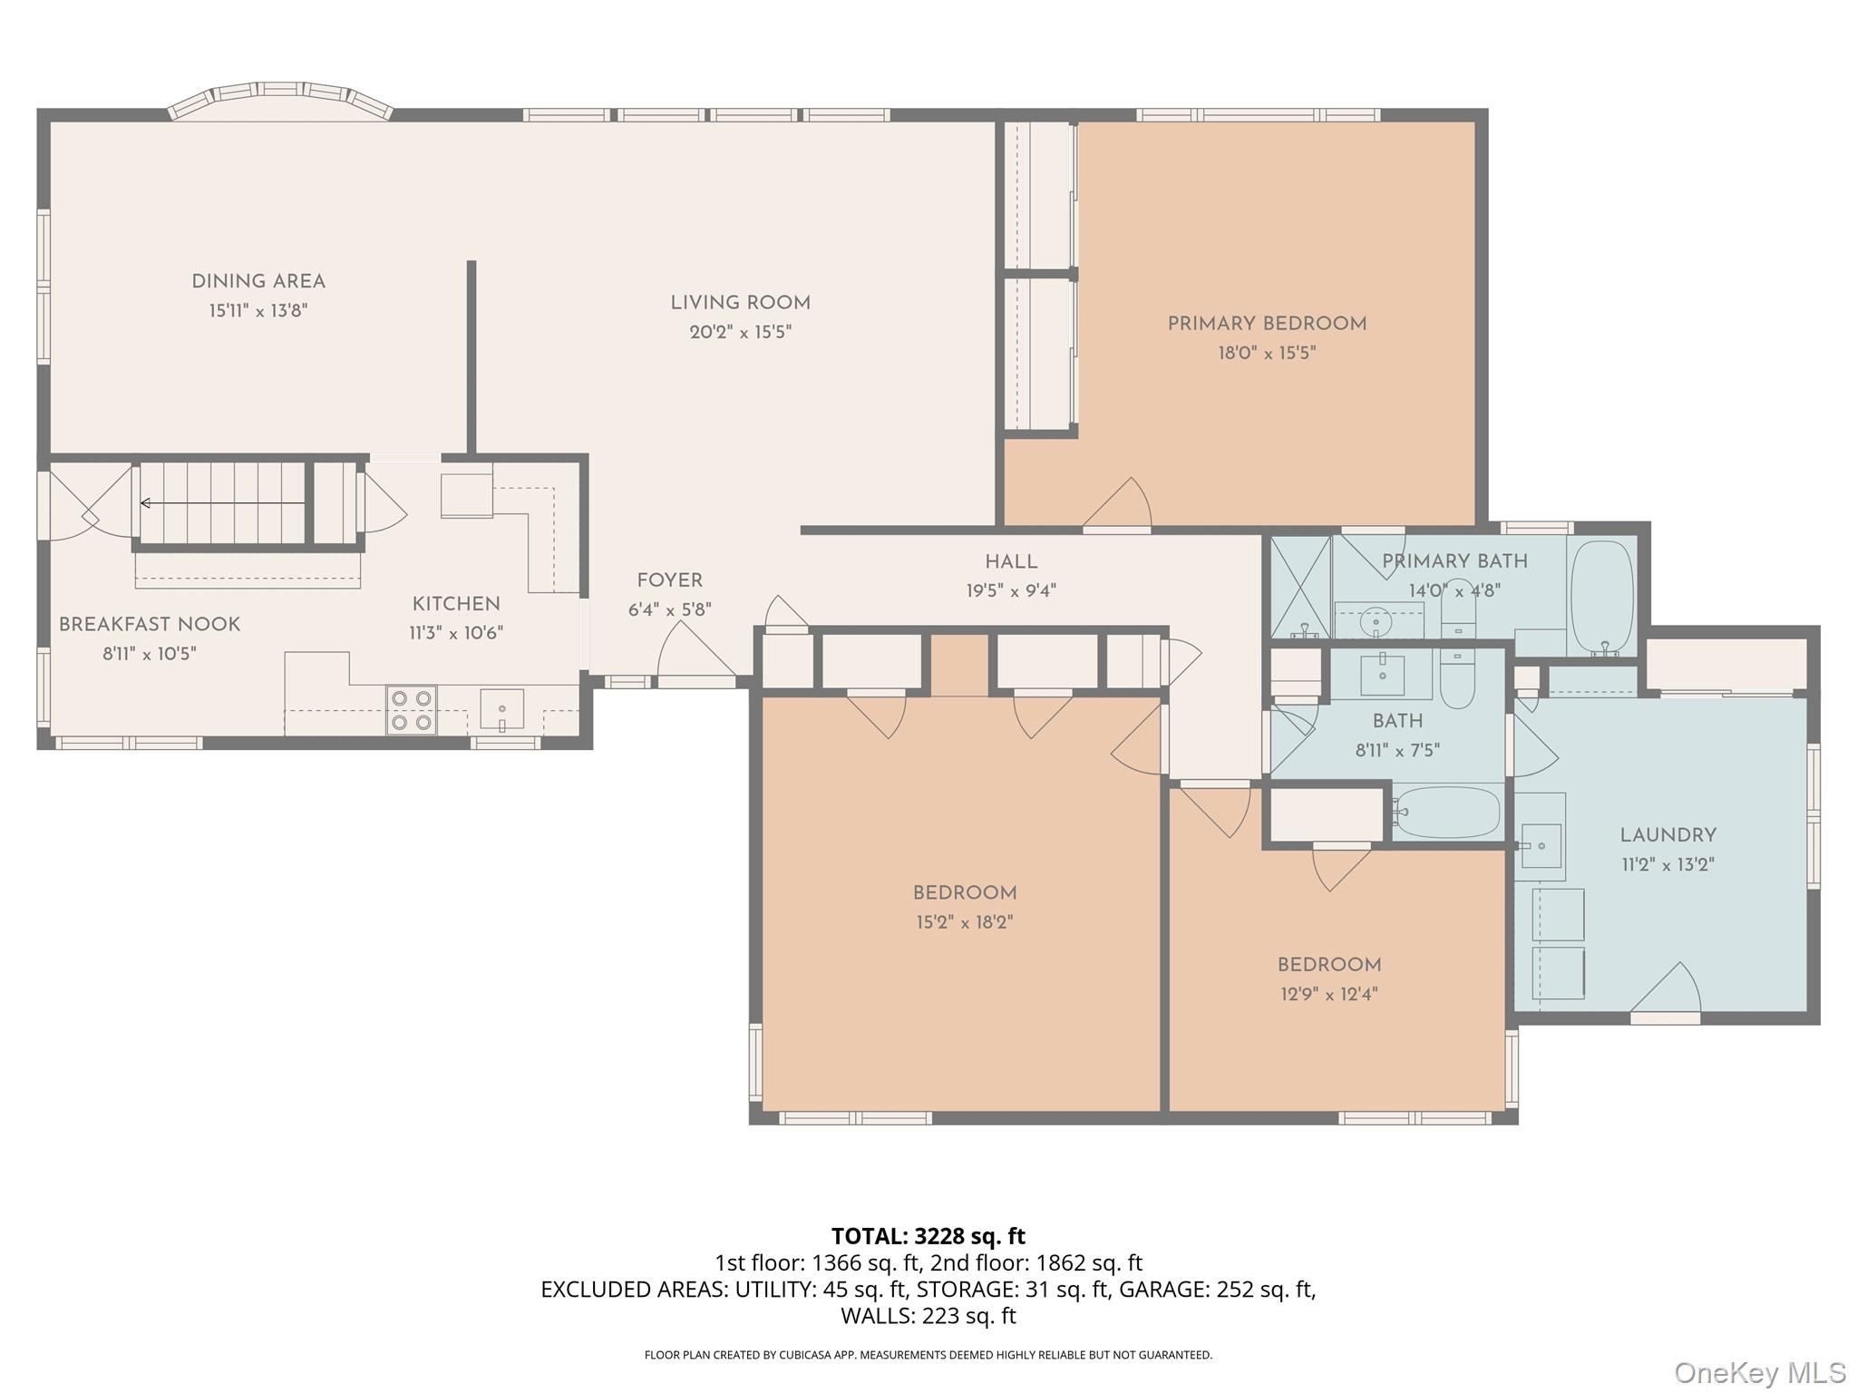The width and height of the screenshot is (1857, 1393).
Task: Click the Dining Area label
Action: point(258,281)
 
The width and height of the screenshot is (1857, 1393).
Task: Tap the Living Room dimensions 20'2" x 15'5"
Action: point(740,332)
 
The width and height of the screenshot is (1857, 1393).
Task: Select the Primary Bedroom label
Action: point(1266,324)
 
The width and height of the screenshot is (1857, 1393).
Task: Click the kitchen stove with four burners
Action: point(412,710)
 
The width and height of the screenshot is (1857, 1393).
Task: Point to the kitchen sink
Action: point(501,708)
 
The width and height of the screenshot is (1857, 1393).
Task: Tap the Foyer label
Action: point(669,580)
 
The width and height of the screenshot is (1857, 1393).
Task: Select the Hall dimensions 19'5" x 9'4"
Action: point(1010,591)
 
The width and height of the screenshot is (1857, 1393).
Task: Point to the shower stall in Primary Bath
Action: point(1300,587)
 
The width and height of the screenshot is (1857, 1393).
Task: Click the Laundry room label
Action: point(1667,834)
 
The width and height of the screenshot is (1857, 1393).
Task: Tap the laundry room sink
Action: point(1541,846)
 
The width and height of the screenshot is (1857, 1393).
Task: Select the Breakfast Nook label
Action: point(150,624)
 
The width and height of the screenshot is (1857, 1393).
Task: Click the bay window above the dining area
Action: point(280,102)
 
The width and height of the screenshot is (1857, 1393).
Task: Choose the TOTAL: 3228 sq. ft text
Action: point(928,1236)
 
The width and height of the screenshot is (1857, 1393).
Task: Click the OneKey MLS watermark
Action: point(1759,1372)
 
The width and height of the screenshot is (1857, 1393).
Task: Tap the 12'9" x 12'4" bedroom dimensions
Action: point(1328,994)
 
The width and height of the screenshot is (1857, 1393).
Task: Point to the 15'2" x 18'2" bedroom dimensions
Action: point(964,922)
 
